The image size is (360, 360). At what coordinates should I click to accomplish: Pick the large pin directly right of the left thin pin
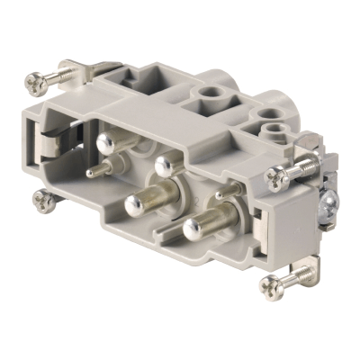(x=164, y=165)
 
